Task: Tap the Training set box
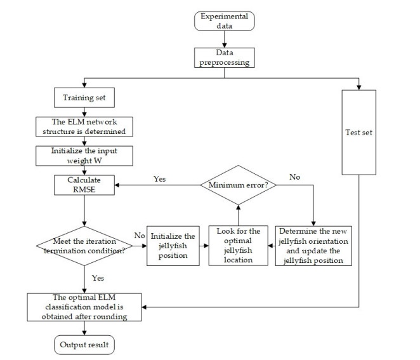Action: point(84,98)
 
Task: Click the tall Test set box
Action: point(358,133)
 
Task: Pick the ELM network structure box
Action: point(84,127)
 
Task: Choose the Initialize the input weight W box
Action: point(84,156)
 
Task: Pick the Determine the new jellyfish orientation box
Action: point(313,245)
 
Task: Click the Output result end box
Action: point(84,345)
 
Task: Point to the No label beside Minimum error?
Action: point(295,178)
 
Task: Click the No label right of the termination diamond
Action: point(138,236)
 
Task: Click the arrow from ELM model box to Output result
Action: point(84,328)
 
